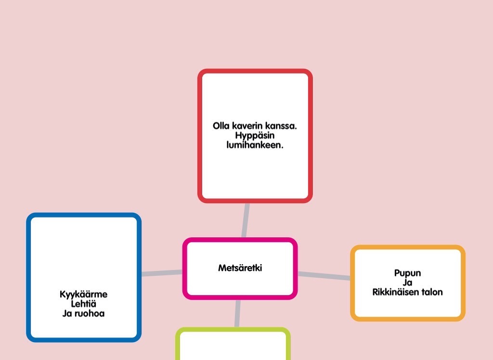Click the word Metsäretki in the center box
(240, 268)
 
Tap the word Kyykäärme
(84, 295)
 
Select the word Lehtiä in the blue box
(84, 304)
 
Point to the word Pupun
(407, 273)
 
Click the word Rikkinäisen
(396, 292)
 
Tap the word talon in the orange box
(432, 292)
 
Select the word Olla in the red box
(221, 126)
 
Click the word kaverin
(247, 126)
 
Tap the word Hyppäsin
(255, 136)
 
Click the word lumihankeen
(255, 145)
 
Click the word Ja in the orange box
(407, 283)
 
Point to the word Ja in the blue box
(67, 313)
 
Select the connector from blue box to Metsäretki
(162, 273)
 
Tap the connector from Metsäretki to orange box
(324, 276)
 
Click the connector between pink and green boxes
(238, 313)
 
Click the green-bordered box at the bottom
(233, 344)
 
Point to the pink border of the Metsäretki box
(240, 240)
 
